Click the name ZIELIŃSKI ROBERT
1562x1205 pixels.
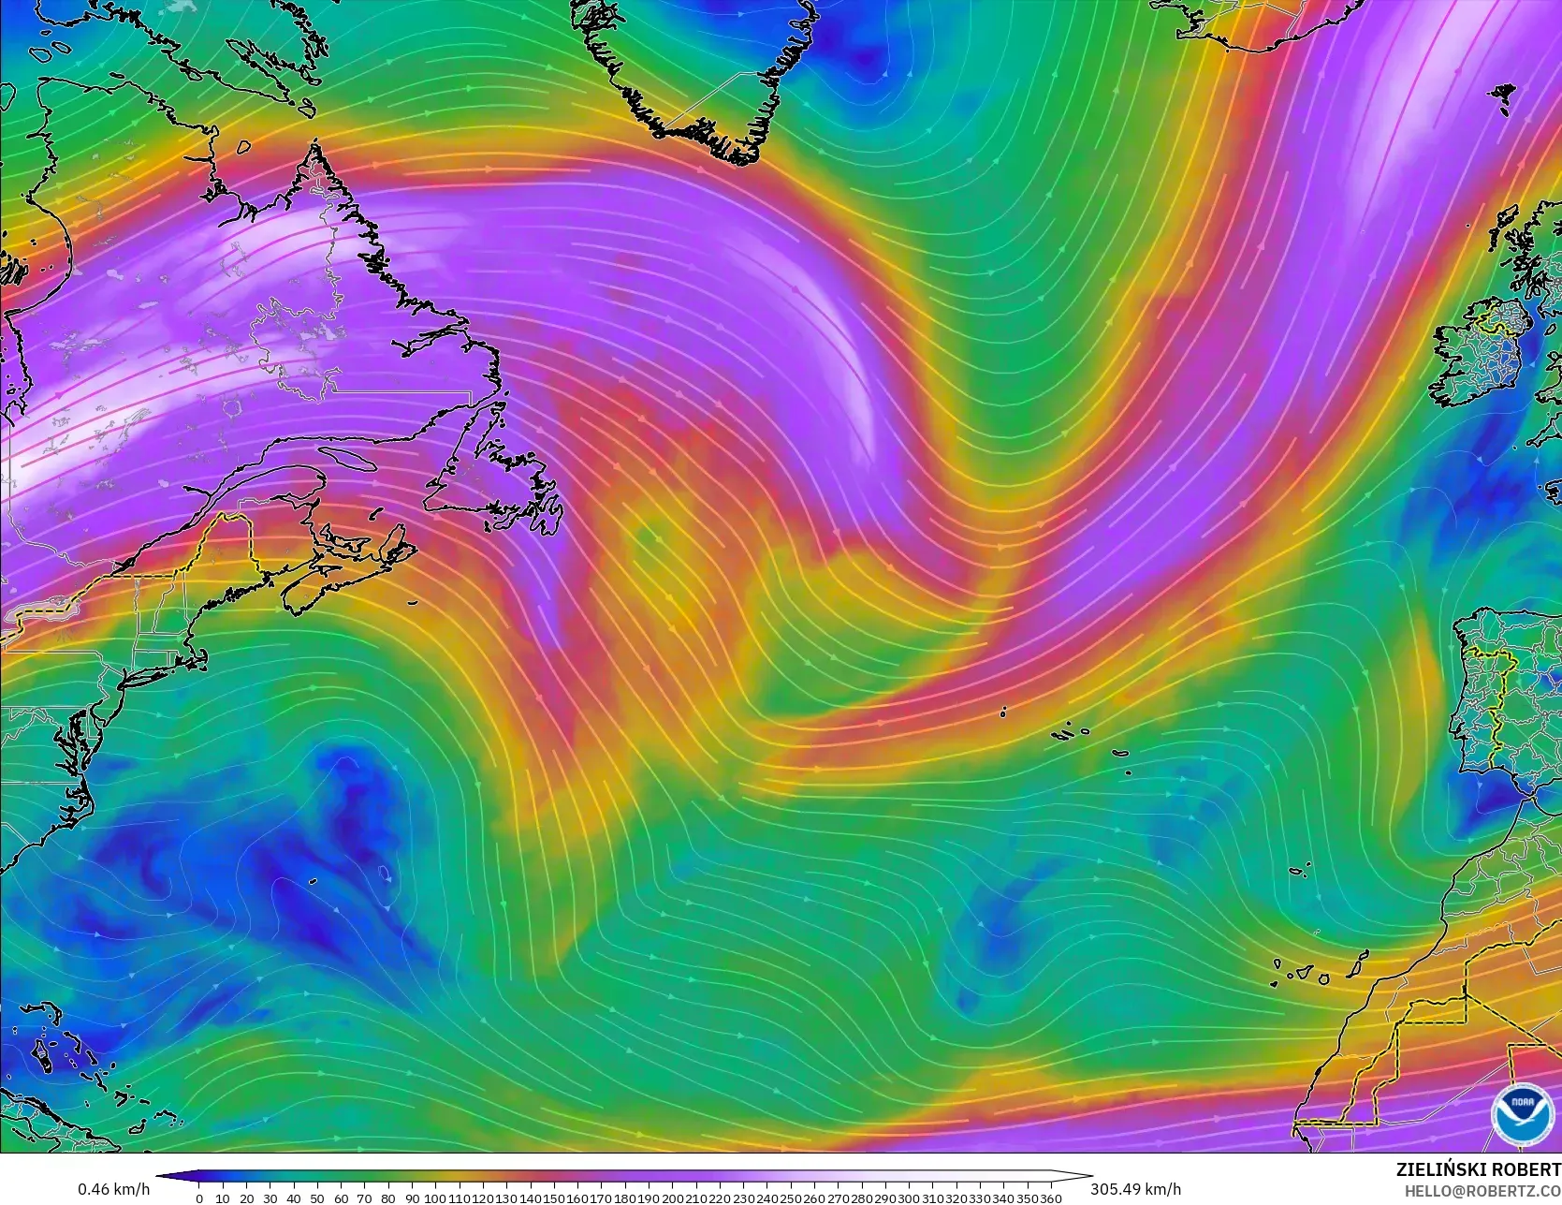tap(1478, 1169)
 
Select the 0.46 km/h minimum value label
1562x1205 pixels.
tap(113, 1189)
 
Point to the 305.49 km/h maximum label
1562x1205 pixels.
tap(1135, 1189)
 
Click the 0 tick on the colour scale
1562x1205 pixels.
tap(199, 1198)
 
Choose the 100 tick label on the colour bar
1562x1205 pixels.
tap(434, 1198)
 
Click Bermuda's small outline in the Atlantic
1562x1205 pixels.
tap(385, 874)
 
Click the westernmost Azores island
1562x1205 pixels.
tap(1003, 713)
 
